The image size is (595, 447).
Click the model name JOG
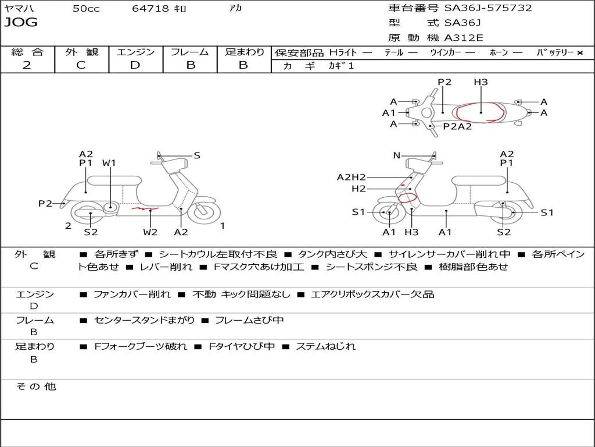[x=21, y=23]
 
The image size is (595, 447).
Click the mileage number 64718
[x=150, y=9]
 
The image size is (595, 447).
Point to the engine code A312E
[x=463, y=38]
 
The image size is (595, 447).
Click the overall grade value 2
[x=27, y=65]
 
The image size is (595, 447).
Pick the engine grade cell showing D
[x=135, y=65]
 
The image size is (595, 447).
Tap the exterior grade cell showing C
[x=81, y=65]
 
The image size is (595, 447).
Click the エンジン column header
[x=135, y=52]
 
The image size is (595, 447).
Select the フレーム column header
[x=189, y=52]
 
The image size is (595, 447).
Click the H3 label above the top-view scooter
[x=481, y=82]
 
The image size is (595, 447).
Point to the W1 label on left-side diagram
[x=109, y=163]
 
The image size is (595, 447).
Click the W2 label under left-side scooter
[x=150, y=232]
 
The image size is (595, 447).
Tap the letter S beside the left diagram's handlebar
[x=197, y=155]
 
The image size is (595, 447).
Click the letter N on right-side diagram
[x=397, y=155]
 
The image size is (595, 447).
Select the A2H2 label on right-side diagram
[x=352, y=178]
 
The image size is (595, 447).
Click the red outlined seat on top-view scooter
[x=481, y=112]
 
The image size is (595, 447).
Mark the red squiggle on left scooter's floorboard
[x=145, y=208]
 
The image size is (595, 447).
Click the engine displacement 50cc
[x=86, y=9]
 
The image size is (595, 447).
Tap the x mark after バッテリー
[x=580, y=53]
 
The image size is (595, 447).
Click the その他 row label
[x=35, y=386]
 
